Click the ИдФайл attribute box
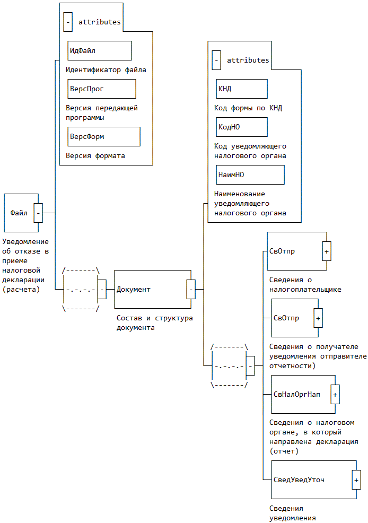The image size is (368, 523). tap(99, 50)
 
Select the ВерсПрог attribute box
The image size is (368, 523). tap(101, 89)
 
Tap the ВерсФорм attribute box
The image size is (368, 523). tap(103, 136)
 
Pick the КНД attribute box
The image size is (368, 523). tap(241, 89)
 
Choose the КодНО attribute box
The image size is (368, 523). tap(241, 127)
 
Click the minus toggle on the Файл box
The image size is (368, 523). tap(38, 213)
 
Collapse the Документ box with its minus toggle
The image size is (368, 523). tap(191, 289)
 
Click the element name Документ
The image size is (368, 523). tap(133, 289)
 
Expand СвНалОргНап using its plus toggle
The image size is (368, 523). tap(335, 394)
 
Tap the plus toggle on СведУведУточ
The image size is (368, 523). tap(356, 480)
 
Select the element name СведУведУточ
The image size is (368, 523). tap(299, 480)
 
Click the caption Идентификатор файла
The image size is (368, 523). tap(106, 69)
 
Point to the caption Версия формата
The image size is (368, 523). tap(95, 156)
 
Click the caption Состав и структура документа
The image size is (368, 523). tap(154, 323)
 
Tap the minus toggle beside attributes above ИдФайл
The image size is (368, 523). tap(68, 22)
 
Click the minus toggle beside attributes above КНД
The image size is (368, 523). tap(216, 60)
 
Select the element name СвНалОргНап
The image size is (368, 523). tap(296, 394)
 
